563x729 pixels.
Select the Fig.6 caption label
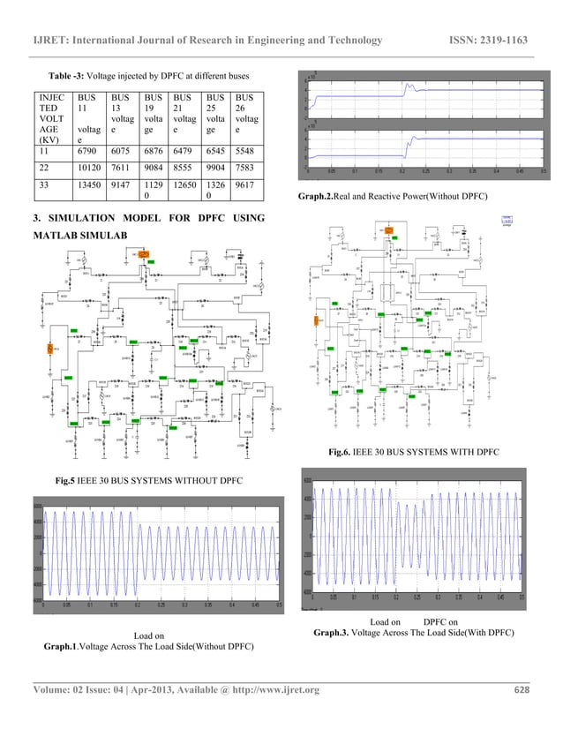[341, 452]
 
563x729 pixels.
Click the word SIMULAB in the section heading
[122, 237]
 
